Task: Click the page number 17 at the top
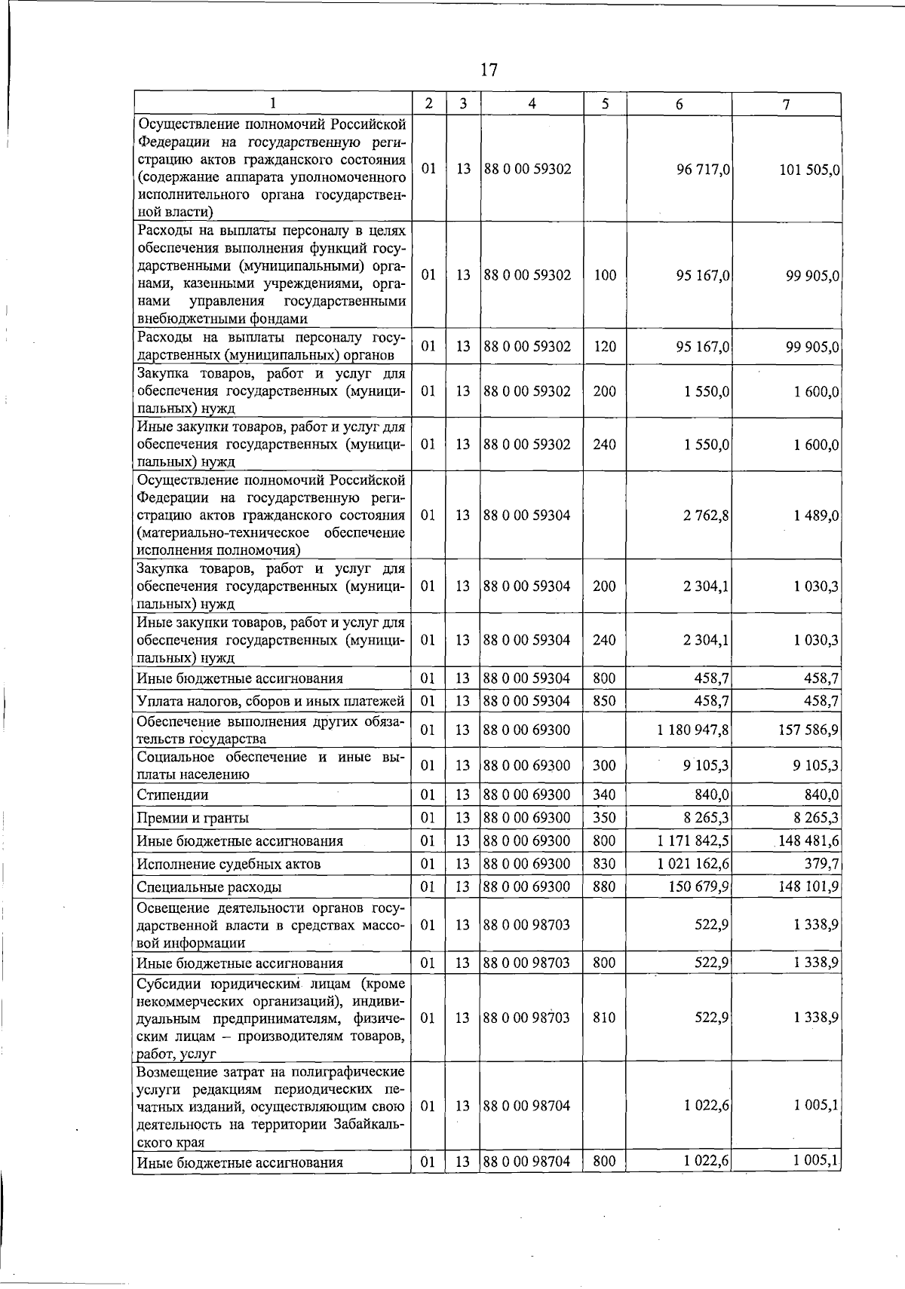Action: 489,70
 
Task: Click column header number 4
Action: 532,104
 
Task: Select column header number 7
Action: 786,104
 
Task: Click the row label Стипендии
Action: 173,795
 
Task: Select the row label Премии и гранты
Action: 192,818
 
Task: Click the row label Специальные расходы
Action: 209,887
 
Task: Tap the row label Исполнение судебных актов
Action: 229,864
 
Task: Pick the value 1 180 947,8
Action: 693,730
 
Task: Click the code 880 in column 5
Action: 604,887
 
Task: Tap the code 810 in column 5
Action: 604,1018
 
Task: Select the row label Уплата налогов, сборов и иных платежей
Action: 271,701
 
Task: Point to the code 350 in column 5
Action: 604,818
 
